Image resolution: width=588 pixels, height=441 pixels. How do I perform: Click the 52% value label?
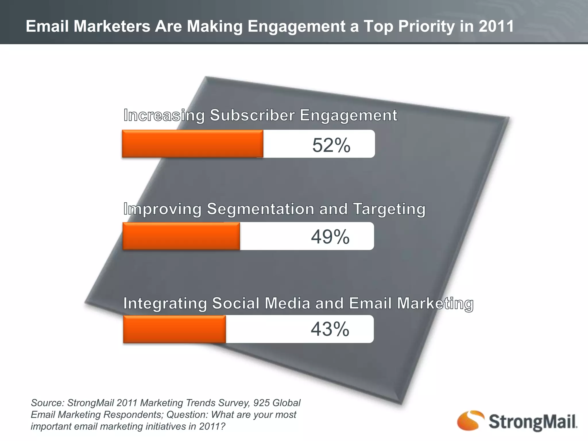tap(331, 145)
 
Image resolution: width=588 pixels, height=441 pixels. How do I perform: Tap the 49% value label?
tap(330, 237)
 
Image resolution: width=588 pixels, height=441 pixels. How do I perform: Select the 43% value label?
tap(330, 329)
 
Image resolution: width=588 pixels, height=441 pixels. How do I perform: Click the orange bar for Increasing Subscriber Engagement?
tap(192, 144)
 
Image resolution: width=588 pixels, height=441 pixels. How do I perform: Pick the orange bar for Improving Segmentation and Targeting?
tap(181, 236)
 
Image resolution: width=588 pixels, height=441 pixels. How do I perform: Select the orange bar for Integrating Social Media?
tap(175, 329)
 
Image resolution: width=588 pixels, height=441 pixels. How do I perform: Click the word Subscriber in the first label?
tap(252, 115)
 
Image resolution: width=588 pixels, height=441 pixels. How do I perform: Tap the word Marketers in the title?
tap(112, 26)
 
